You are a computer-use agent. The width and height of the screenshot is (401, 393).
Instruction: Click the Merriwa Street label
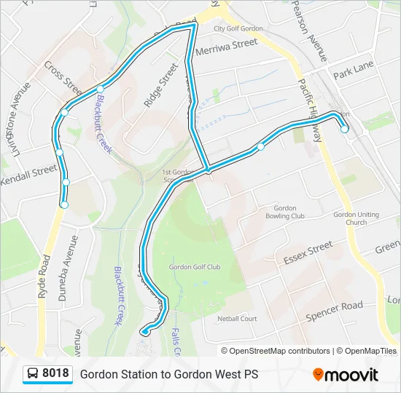(226, 43)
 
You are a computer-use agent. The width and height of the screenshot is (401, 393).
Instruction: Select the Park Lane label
(353, 71)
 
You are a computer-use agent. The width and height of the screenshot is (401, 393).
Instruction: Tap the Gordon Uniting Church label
(357, 218)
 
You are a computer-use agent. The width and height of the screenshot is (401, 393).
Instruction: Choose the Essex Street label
(308, 251)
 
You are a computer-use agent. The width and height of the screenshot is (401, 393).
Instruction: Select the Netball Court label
(237, 319)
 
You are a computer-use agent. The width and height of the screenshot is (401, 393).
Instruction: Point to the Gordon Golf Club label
(194, 267)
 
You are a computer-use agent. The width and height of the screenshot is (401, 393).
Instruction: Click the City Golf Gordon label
(238, 29)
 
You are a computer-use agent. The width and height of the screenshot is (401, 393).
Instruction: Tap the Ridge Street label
(161, 86)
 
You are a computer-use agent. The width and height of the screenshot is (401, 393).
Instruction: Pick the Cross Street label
(63, 78)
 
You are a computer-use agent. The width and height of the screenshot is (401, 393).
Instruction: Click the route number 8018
(56, 374)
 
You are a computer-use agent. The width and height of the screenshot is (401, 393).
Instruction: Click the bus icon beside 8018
(32, 374)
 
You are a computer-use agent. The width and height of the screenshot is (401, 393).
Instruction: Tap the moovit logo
(346, 374)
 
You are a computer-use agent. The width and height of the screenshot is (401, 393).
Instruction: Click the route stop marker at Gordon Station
(344, 129)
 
